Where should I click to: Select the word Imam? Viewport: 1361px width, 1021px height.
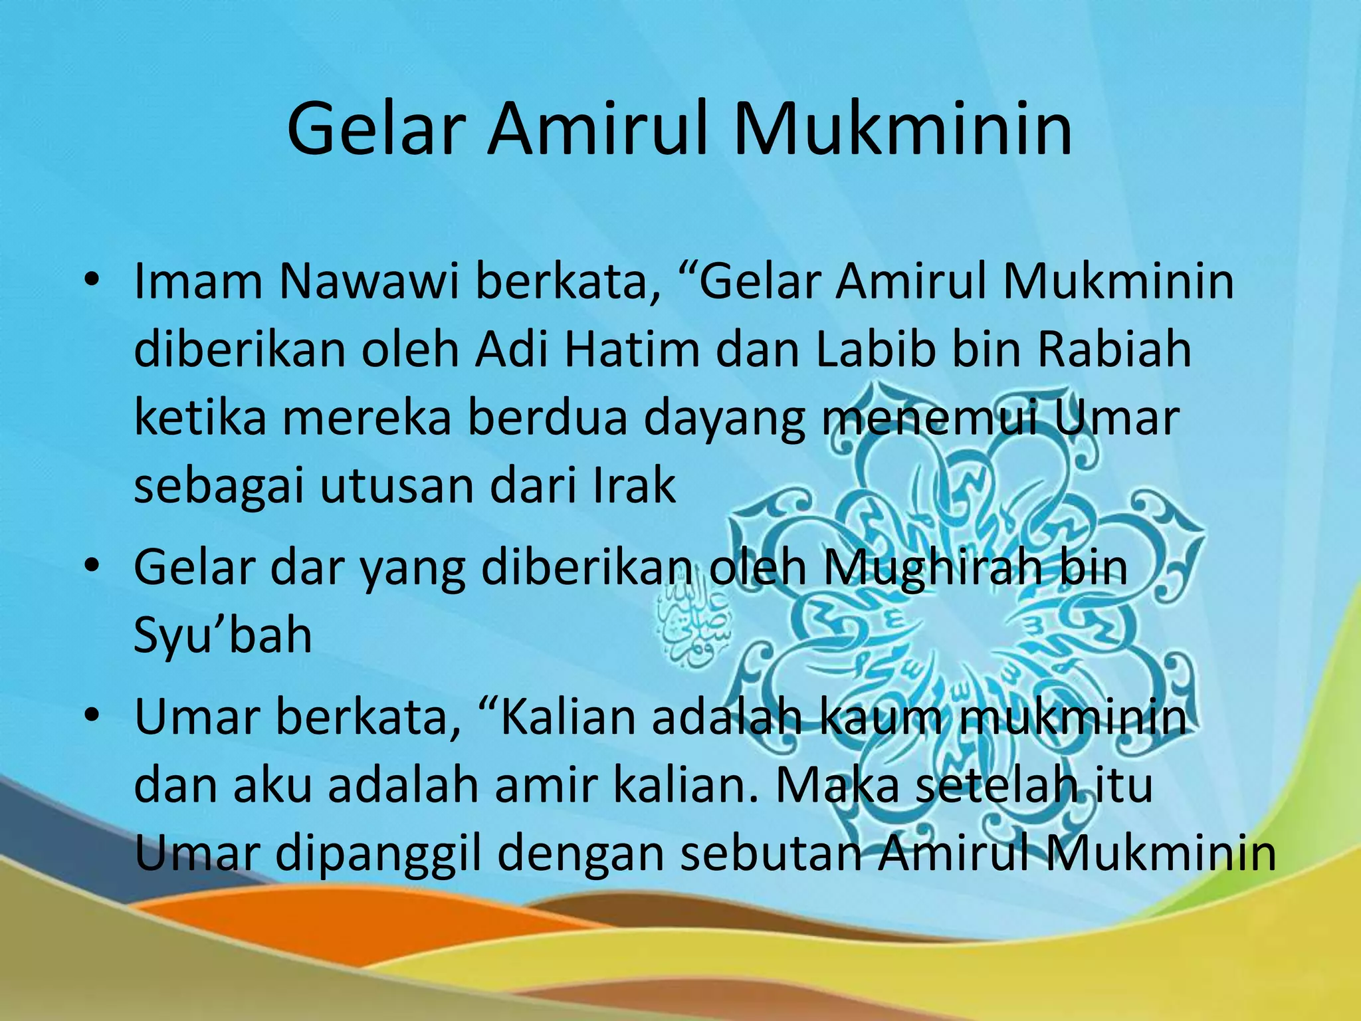[x=198, y=281]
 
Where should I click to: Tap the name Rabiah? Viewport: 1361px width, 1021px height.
[x=1114, y=350]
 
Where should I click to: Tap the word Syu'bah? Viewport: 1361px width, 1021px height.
[x=223, y=635]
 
